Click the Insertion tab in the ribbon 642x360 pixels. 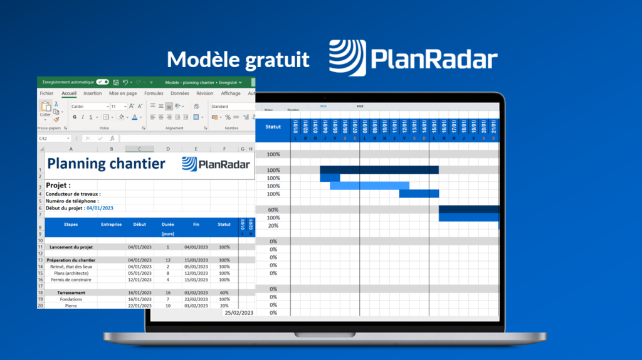(x=92, y=93)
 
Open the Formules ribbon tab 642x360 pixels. (x=154, y=93)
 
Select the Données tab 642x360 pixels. (x=179, y=93)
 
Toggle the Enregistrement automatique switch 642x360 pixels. (x=102, y=82)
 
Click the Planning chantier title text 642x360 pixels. (x=107, y=164)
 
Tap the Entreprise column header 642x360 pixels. (x=111, y=224)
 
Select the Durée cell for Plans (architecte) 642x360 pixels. (x=167, y=273)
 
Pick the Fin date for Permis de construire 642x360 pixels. (x=196, y=280)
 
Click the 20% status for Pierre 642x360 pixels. (x=224, y=305)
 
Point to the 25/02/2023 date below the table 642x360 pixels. (x=239, y=312)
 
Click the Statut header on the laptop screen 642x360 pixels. (x=273, y=127)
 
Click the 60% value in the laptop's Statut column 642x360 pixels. (x=273, y=210)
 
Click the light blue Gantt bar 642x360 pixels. (x=369, y=186)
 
